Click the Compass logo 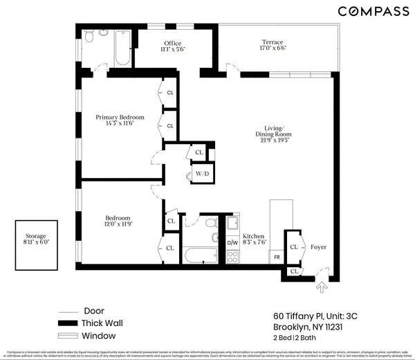pyautogui.click(x=373, y=11)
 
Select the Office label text pyautogui.click(x=172, y=44)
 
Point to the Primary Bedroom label pyautogui.click(x=120, y=117)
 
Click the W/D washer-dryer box pyautogui.click(x=202, y=174)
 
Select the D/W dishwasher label pyautogui.click(x=232, y=243)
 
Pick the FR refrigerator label pyautogui.click(x=276, y=256)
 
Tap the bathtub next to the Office pyautogui.click(x=122, y=48)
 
